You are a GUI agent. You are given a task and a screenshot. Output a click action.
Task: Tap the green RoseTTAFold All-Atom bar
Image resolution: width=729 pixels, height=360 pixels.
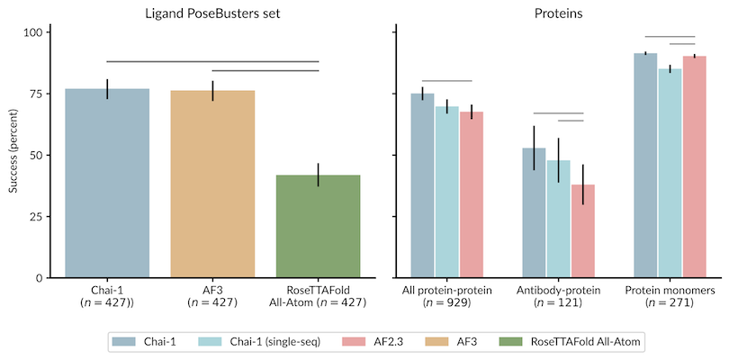[319, 226]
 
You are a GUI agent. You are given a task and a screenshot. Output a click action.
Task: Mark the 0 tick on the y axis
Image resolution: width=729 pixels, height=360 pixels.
[38, 277]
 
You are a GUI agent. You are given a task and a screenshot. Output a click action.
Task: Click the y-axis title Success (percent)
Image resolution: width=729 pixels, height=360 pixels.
[13, 156]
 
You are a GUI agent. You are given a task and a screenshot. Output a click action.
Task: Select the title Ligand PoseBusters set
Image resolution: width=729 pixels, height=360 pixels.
[212, 13]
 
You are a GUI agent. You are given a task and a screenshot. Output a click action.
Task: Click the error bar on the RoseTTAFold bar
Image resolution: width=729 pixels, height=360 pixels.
[319, 175]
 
